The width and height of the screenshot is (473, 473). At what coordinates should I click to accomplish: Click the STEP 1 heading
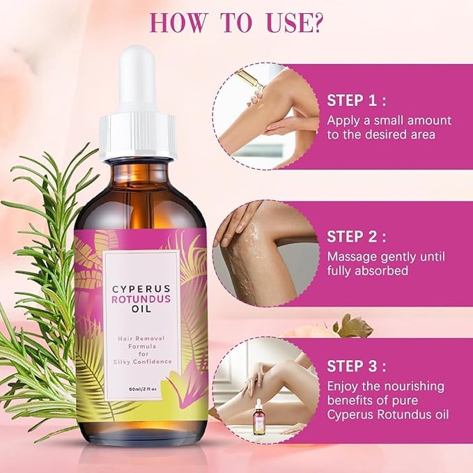[355, 99]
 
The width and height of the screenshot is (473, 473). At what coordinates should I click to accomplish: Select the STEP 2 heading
[355, 235]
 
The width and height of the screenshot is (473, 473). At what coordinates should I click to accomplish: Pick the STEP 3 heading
[355, 366]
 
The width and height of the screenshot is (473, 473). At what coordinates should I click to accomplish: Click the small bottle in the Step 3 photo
[259, 419]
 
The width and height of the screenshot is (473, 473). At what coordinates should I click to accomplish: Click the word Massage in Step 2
[352, 256]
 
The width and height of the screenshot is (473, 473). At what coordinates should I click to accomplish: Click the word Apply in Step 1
[344, 120]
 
